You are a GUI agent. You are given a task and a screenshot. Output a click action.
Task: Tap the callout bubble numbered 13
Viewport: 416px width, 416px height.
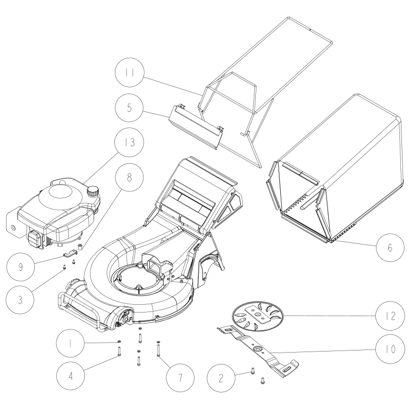coord(128,142)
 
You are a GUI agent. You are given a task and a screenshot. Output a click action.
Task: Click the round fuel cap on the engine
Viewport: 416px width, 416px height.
coord(94,191)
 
